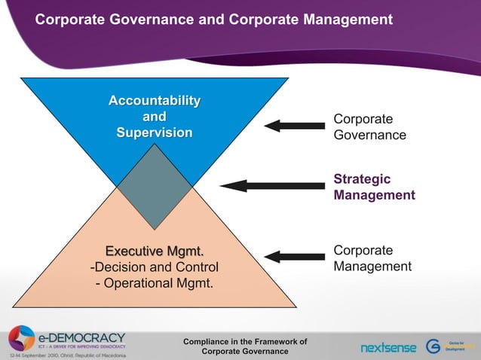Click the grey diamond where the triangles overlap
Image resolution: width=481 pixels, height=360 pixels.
(x=155, y=186)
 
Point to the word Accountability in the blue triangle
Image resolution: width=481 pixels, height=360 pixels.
(x=155, y=101)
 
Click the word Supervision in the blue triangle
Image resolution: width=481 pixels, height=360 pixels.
(x=155, y=133)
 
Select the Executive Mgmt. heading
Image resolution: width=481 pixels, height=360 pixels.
(x=155, y=251)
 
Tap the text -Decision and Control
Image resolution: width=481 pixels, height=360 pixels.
(x=155, y=267)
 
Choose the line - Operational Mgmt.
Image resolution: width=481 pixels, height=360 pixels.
(x=155, y=283)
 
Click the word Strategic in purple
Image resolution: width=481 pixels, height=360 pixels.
(x=362, y=179)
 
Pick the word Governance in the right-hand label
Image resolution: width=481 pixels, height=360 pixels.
(x=369, y=136)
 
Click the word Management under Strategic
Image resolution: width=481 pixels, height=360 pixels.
(x=374, y=195)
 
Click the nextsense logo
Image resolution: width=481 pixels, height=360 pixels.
(x=388, y=347)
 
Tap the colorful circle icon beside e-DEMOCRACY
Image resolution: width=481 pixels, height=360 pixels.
(x=21, y=338)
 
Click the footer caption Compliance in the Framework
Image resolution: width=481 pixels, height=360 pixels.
(x=245, y=342)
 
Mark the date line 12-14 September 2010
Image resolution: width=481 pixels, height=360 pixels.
(x=68, y=354)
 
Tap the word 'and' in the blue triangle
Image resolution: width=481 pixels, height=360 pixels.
(x=155, y=117)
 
